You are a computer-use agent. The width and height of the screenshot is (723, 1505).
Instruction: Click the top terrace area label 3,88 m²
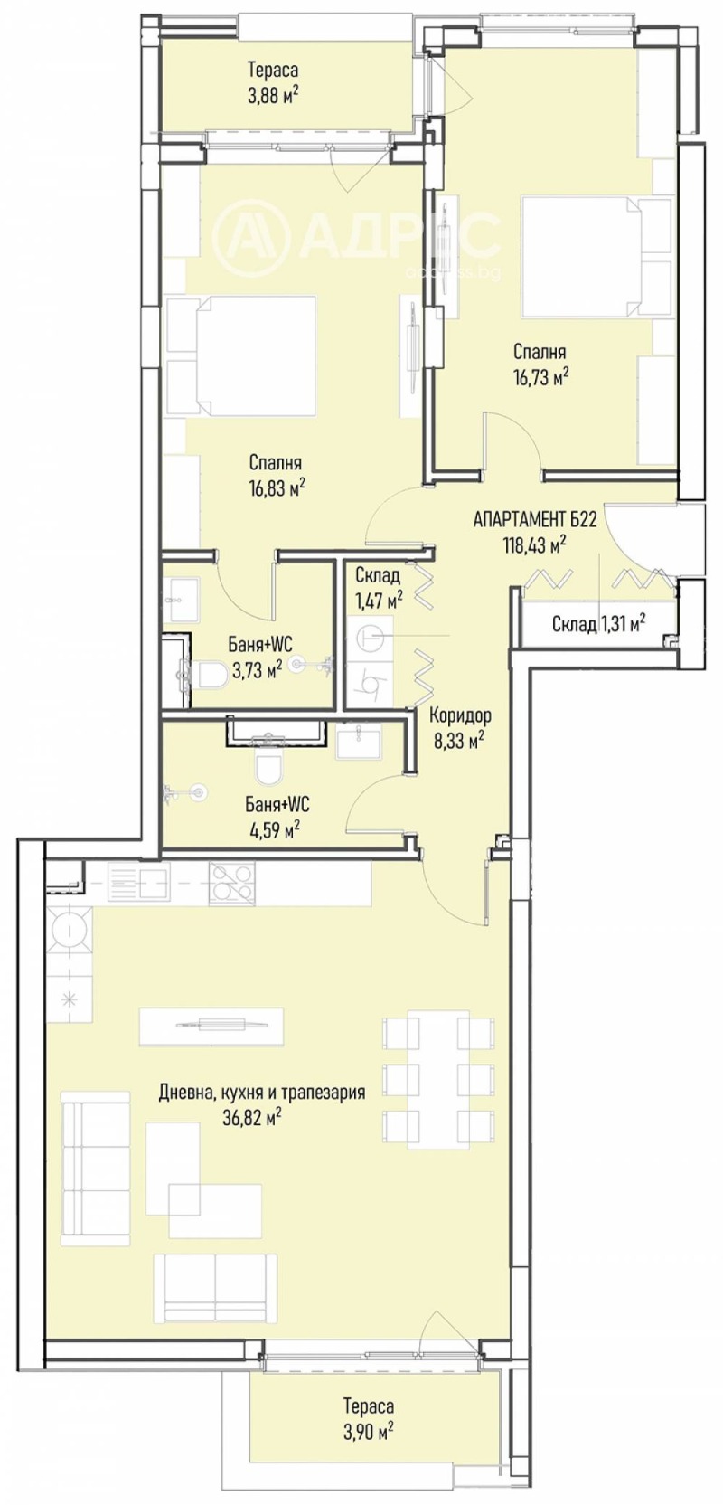click(272, 94)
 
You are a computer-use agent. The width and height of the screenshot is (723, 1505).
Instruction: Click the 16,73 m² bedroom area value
click(540, 376)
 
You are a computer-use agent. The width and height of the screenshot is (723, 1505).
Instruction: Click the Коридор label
click(460, 715)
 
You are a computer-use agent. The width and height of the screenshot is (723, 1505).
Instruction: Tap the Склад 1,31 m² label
click(597, 623)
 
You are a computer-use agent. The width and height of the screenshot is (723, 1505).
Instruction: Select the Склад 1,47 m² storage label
click(377, 587)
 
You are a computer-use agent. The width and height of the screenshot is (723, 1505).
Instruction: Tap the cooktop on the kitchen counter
click(232, 884)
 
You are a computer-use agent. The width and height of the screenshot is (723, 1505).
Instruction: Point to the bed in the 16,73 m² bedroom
click(583, 257)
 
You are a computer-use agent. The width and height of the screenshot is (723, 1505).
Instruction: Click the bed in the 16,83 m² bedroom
click(242, 355)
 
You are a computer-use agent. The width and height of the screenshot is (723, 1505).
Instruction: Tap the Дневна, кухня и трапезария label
click(261, 1093)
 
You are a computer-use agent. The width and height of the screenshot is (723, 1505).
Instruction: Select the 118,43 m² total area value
click(534, 544)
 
